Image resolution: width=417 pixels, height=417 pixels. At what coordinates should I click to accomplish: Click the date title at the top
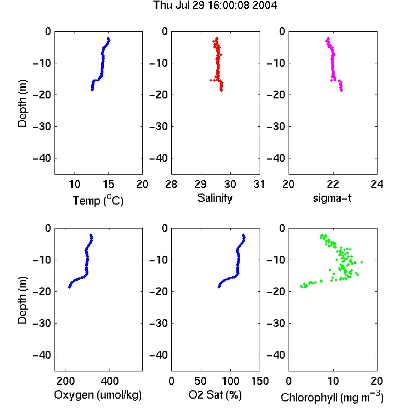click(x=215, y=6)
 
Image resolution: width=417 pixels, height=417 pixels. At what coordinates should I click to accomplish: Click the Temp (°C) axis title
click(x=98, y=200)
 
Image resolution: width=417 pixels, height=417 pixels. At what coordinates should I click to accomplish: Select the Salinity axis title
click(x=215, y=198)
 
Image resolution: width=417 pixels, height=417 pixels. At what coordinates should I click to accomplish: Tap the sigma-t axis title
click(x=332, y=198)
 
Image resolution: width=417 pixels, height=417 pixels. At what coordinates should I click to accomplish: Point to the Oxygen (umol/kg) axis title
click(x=98, y=395)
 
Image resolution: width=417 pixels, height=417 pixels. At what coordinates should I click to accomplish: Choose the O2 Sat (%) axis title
click(x=215, y=395)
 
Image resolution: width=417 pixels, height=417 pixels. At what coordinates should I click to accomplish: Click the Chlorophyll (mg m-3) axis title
click(x=332, y=397)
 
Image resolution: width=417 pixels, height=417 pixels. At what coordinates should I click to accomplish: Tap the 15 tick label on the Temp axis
click(x=108, y=184)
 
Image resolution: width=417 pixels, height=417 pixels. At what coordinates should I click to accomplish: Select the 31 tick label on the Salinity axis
click(x=259, y=184)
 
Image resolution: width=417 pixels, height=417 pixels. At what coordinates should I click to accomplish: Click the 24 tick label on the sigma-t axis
click(x=377, y=184)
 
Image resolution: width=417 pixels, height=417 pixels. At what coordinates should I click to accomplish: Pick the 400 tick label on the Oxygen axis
click(x=110, y=381)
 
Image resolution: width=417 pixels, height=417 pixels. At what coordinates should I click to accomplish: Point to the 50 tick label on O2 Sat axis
click(x=201, y=381)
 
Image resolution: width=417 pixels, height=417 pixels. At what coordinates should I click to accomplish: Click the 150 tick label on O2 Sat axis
click(x=260, y=381)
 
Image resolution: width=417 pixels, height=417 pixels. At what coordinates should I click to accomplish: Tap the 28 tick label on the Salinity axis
click(x=171, y=184)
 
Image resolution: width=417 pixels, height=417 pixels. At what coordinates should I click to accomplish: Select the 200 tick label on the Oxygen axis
click(x=66, y=381)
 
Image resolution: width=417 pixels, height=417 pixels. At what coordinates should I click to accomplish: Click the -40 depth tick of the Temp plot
click(x=42, y=158)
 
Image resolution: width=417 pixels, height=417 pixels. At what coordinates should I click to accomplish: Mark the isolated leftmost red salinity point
click(x=211, y=80)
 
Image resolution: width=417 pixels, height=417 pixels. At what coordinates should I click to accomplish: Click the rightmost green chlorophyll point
click(x=362, y=262)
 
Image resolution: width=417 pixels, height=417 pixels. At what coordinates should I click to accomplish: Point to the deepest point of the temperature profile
click(x=92, y=90)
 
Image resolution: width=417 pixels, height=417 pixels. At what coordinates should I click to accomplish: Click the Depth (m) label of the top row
click(x=22, y=103)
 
